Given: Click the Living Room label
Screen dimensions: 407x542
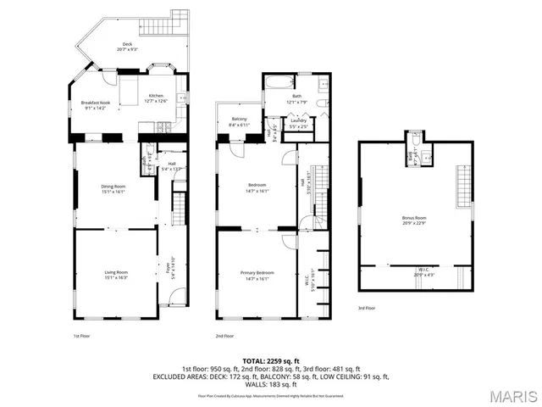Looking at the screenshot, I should [x=116, y=271].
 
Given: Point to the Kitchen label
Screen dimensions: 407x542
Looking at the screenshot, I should [x=158, y=96].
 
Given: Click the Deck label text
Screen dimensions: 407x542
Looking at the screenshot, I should [x=127, y=44].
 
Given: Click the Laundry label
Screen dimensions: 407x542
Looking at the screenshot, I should [x=297, y=120].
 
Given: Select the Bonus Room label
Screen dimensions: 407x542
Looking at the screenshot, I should [x=414, y=218].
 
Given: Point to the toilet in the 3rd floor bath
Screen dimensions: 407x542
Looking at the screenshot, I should [x=426, y=155].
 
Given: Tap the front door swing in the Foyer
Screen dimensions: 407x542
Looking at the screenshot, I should [x=175, y=299].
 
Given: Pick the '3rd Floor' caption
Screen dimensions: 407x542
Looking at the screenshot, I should [x=366, y=308].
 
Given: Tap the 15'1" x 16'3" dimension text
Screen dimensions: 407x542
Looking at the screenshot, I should [x=116, y=278].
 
